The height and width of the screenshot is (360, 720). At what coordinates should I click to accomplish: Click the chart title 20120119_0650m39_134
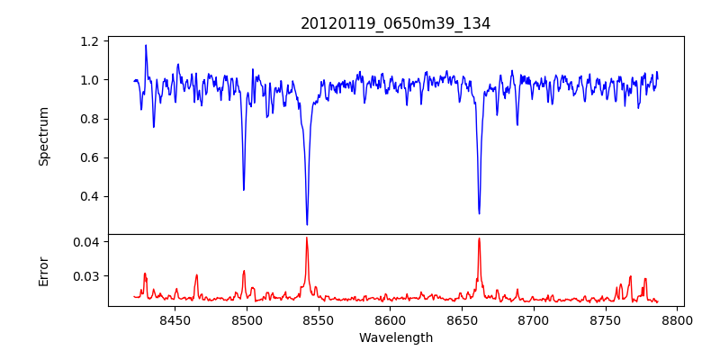click(395, 23)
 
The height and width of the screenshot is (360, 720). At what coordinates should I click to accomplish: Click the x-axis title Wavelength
click(395, 337)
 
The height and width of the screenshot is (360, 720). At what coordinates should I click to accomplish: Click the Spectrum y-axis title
click(43, 136)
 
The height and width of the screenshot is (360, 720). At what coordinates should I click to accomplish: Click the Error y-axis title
click(43, 270)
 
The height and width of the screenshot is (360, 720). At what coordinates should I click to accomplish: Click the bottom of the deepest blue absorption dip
click(307, 224)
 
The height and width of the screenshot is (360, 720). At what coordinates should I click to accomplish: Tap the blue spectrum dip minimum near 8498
click(244, 189)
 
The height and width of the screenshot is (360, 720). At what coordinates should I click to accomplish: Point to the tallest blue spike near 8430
click(146, 45)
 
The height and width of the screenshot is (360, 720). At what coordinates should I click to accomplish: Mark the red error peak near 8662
click(479, 238)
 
